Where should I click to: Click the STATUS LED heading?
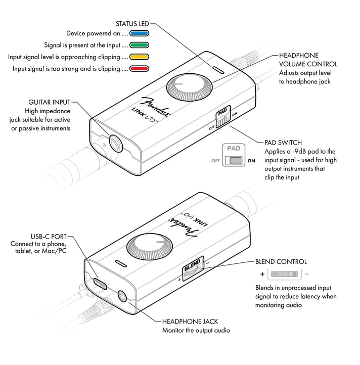pos(132,23)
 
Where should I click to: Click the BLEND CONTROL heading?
pos(281,262)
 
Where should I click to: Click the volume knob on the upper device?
pos(188,84)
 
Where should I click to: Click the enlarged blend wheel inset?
pos(285,275)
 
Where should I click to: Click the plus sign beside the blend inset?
pos(262,275)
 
